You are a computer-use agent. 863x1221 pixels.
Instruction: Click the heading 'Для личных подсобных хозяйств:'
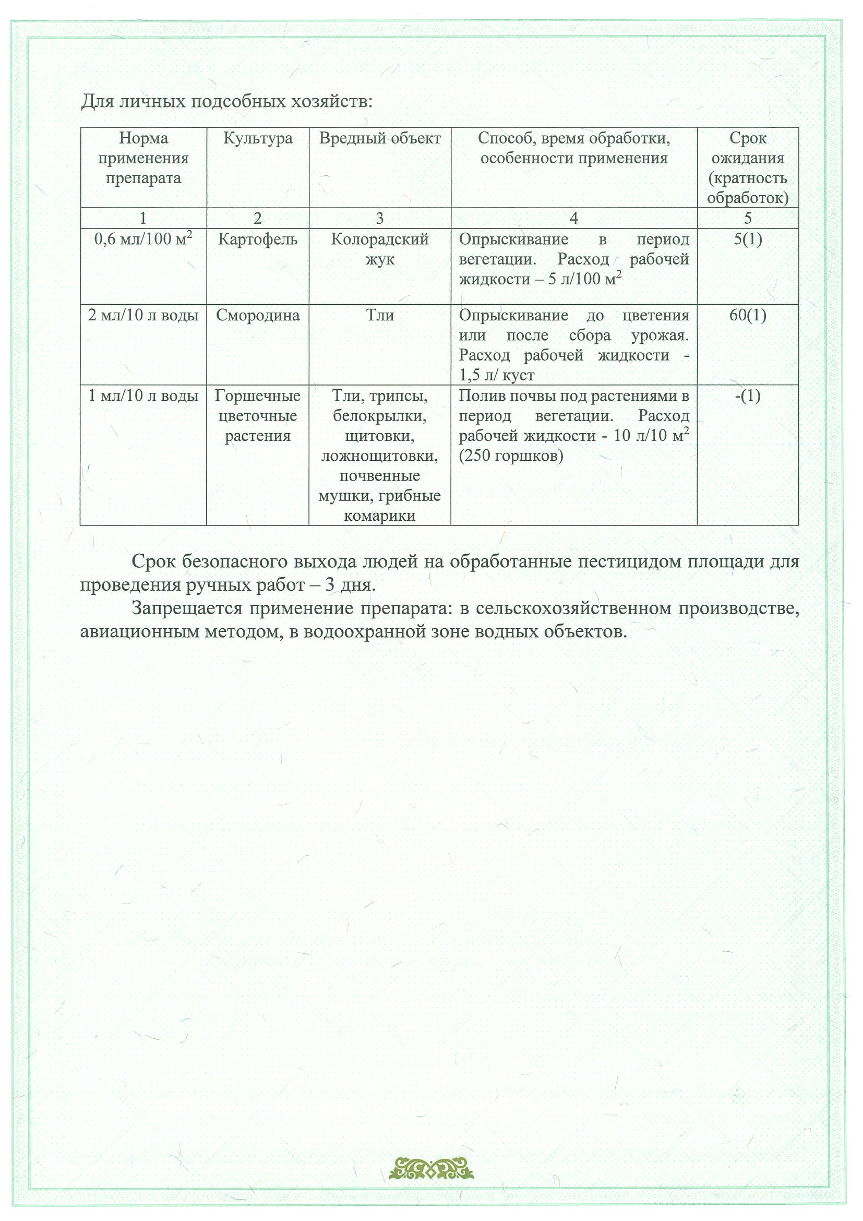[x=226, y=101]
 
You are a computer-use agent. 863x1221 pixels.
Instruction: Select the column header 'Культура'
[x=257, y=139]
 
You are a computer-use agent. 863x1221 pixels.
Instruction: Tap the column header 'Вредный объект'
[x=380, y=139]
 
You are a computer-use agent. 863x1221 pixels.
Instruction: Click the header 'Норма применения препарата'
[x=143, y=159]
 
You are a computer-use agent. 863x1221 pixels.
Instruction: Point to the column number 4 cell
[x=573, y=218]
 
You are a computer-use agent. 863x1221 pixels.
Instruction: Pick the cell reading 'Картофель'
[x=257, y=240]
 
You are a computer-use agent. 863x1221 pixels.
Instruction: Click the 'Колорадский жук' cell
[x=380, y=249]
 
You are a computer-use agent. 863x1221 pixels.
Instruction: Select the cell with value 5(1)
[x=748, y=240]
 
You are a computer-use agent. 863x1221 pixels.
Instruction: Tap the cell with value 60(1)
[x=748, y=315]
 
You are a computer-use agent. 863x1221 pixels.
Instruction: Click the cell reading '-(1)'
[x=748, y=396]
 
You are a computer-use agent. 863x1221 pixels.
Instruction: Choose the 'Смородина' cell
[x=257, y=315]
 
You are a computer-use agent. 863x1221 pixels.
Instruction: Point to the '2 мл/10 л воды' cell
[x=143, y=315]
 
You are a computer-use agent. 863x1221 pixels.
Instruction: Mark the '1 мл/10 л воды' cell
[x=143, y=396]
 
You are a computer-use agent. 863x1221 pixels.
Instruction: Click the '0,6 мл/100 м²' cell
[x=143, y=240]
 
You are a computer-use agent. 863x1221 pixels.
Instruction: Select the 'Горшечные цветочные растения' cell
[x=257, y=416]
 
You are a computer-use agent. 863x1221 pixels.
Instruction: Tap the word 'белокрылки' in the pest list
[x=380, y=416]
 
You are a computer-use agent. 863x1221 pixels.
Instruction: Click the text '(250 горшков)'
[x=510, y=456]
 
